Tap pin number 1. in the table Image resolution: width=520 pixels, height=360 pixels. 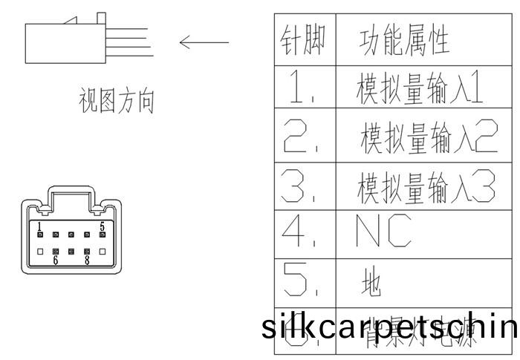point(299,87)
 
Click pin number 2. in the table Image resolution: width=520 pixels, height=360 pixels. point(299,135)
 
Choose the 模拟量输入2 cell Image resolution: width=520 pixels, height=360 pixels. point(428,137)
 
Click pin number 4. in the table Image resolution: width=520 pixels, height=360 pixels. point(299,235)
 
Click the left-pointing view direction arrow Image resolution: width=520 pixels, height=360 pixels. point(204,42)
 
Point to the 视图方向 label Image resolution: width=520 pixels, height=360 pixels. point(117,102)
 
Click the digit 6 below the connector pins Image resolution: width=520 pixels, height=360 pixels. point(55,261)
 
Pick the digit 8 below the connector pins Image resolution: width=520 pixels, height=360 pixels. point(87,261)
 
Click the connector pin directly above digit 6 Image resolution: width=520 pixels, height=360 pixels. point(56,252)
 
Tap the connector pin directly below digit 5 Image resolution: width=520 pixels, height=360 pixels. point(103,234)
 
